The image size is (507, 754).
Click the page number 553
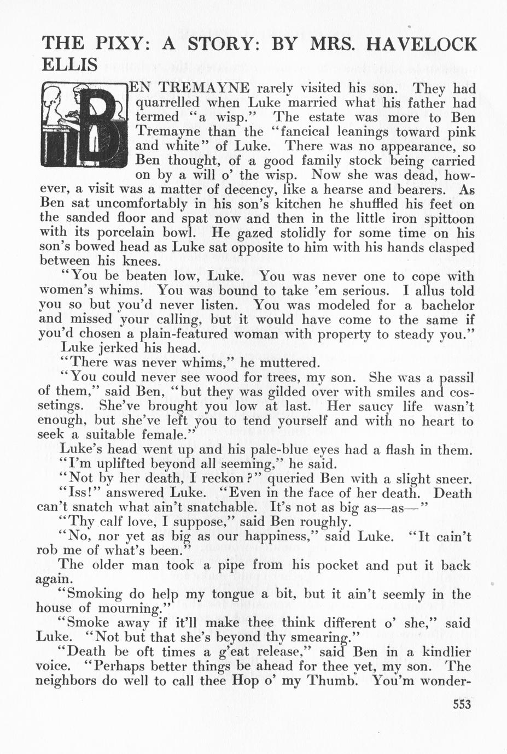click(462, 704)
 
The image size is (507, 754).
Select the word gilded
click(286, 392)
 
